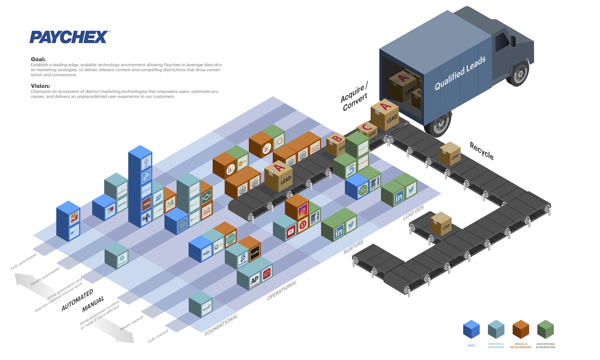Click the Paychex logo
[x=70, y=37]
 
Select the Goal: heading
[x=38, y=59]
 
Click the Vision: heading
[x=40, y=86]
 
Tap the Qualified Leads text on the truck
[x=460, y=73]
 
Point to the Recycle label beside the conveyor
[x=482, y=151]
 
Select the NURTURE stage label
[x=354, y=247]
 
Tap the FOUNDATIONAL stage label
[x=221, y=325]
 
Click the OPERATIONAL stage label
[x=282, y=290]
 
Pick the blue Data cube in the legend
[x=471, y=330]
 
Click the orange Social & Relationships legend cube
[x=520, y=330]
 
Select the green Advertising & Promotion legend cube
[x=545, y=330]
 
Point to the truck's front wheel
[x=519, y=73]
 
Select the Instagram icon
[x=303, y=211]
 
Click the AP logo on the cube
[x=255, y=280]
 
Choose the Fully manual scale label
[x=158, y=336]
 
